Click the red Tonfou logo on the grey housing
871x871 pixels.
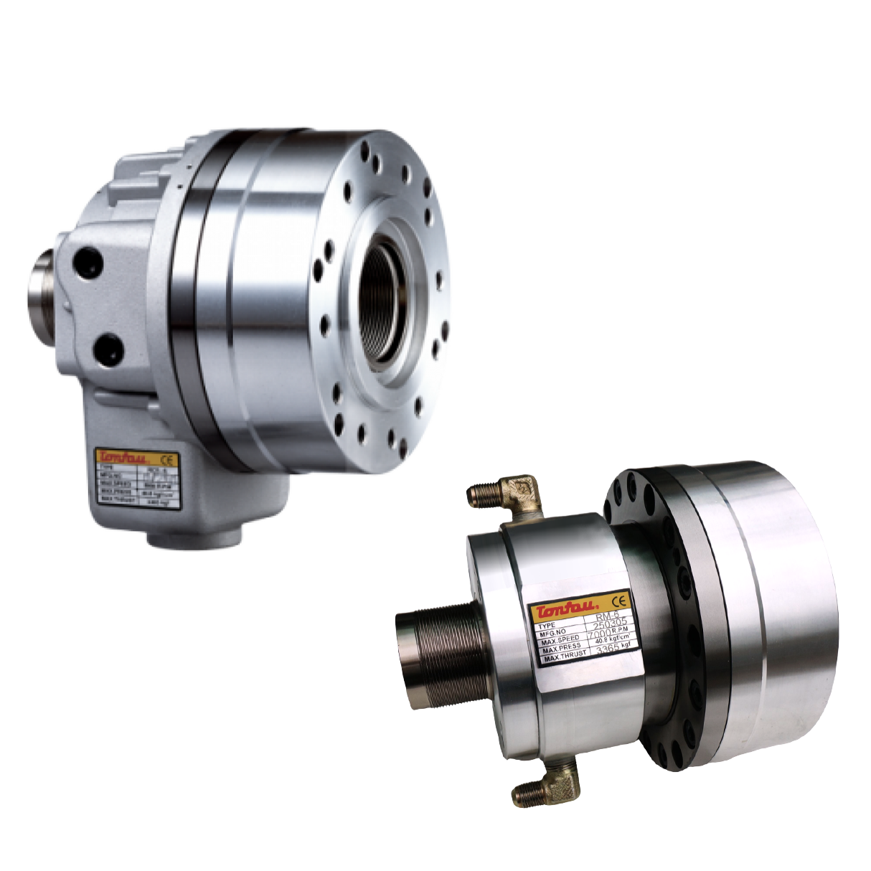click(126, 458)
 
